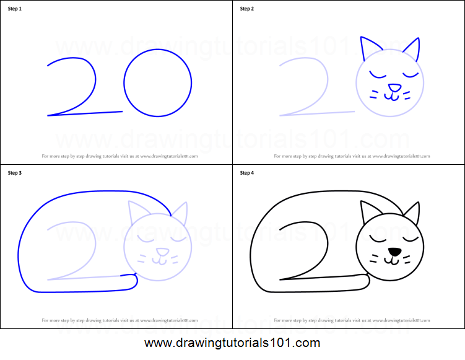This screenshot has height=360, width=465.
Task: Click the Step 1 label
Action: [15, 9]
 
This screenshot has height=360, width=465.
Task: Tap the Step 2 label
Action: [247, 9]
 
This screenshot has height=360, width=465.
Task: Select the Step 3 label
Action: [15, 173]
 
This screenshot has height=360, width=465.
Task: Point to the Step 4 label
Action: [247, 173]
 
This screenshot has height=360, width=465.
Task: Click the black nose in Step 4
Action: [393, 252]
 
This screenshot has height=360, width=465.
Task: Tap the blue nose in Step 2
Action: [393, 88]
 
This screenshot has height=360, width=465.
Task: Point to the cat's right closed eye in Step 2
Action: [410, 75]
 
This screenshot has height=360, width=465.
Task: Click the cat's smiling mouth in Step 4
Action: [393, 261]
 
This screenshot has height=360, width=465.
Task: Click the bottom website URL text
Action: [232, 343]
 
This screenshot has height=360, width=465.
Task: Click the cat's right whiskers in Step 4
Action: [408, 258]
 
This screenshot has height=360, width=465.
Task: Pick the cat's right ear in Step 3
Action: [180, 213]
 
